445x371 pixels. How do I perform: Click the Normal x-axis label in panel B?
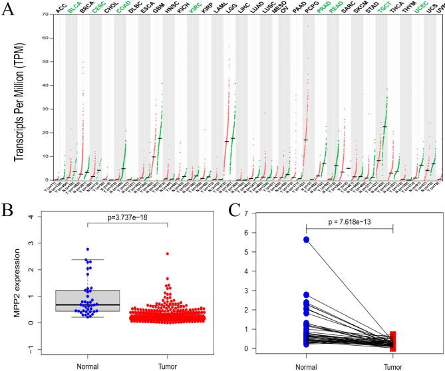click(68, 364)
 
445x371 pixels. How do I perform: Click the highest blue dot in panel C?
click(305, 240)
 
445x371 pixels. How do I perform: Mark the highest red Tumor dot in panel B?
click(167, 254)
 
